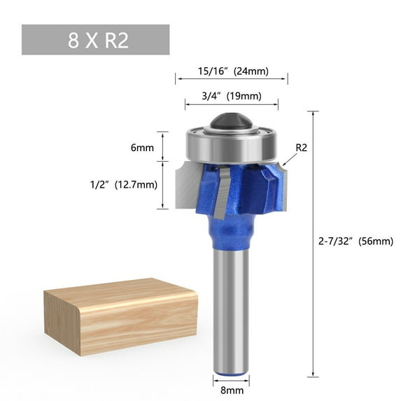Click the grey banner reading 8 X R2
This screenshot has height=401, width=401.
coord(95,40)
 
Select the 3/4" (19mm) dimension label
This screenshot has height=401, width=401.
coord(232,97)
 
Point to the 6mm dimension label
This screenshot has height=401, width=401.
coord(142,148)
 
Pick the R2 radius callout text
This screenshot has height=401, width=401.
coord(302,148)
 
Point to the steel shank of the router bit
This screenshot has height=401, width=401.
coord(231,308)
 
